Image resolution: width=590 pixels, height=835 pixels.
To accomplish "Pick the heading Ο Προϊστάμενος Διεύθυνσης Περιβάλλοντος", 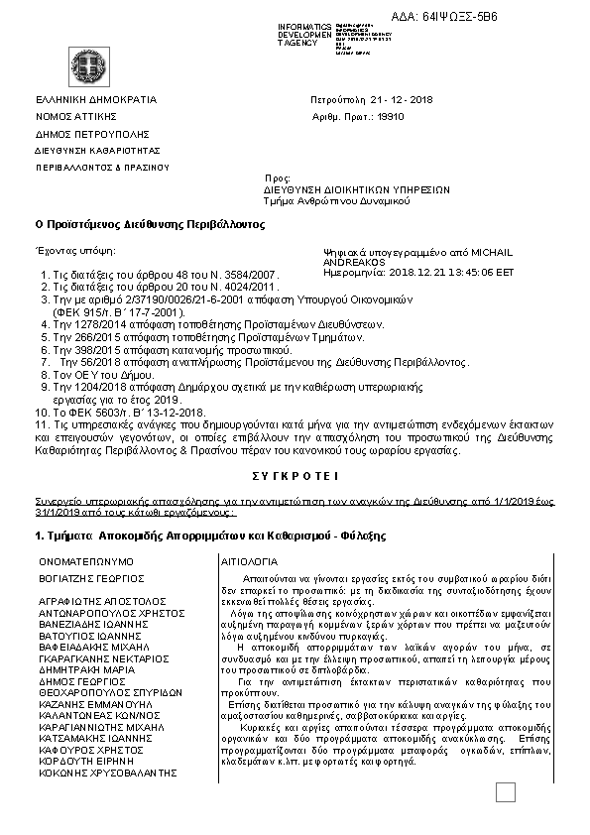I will pyautogui.click(x=150, y=224).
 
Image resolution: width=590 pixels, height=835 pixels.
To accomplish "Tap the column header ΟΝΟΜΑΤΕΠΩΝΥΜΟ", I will pyautogui.click(x=87, y=561).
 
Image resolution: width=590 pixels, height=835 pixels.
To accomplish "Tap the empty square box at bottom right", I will pyautogui.click(x=506, y=792).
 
